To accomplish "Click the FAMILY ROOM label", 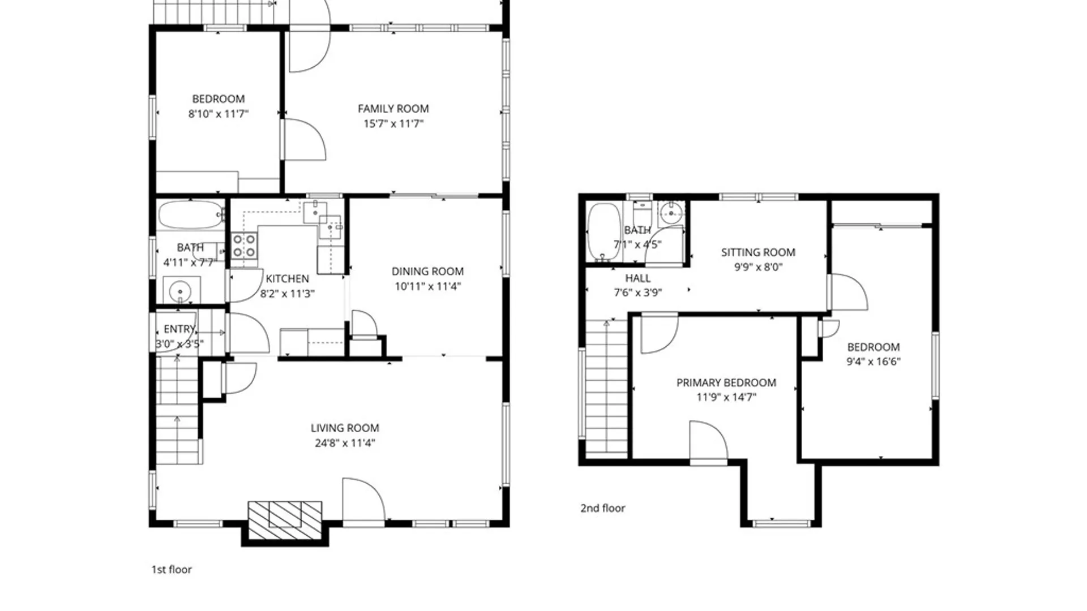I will (x=393, y=109).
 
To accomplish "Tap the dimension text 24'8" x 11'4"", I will (x=345, y=443).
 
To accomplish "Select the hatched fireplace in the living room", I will (x=285, y=520).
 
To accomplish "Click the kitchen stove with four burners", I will (x=244, y=246).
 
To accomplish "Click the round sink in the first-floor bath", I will (x=181, y=291).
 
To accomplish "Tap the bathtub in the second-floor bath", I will (x=604, y=232).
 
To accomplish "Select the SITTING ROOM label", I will (x=758, y=252).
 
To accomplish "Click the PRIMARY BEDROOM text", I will (x=726, y=383).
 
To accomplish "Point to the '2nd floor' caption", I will (x=602, y=508).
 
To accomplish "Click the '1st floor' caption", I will (x=172, y=570).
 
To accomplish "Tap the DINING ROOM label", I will (x=427, y=272).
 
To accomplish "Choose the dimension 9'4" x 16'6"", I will (x=873, y=362).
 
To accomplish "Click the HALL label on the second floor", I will (x=637, y=278).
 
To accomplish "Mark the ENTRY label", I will (x=179, y=329).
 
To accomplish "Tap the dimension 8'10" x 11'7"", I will (x=218, y=114).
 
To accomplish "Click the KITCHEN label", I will (x=287, y=279).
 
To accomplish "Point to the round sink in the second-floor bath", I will (x=671, y=213).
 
